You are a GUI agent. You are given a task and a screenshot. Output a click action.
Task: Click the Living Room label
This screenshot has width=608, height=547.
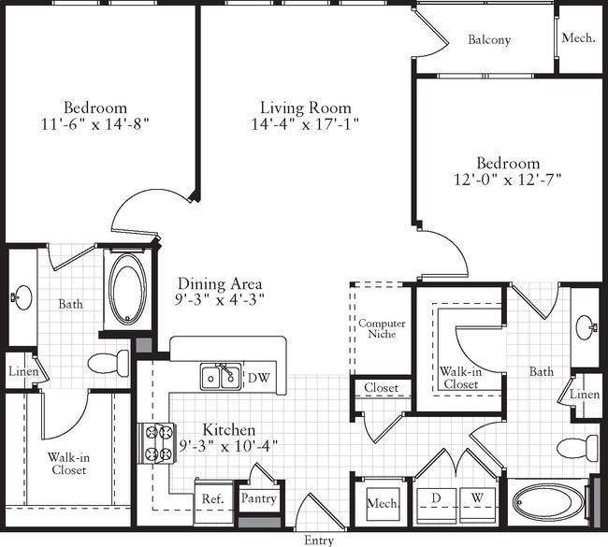(x=306, y=108)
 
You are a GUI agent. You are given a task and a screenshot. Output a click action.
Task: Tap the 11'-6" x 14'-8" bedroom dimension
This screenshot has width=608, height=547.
(x=95, y=124)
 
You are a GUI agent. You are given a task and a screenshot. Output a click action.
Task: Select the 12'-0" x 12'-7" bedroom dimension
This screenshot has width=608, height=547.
(x=508, y=180)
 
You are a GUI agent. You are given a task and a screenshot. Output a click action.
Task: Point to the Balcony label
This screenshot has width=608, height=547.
(x=489, y=39)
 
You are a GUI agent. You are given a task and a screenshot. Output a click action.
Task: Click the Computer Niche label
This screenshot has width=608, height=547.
(x=382, y=328)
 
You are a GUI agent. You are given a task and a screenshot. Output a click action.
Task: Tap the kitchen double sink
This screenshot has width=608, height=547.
(x=221, y=377)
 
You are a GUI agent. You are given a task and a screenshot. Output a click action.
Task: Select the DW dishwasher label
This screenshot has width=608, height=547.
(x=258, y=378)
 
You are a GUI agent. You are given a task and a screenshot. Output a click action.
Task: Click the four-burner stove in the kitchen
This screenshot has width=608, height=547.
(x=157, y=443)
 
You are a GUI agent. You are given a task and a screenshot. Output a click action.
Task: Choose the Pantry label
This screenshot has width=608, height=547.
(x=258, y=498)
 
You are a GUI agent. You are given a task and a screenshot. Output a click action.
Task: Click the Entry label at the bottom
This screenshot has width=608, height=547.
(x=319, y=540)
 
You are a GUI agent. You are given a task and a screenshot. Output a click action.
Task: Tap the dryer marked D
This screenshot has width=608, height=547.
(x=436, y=503)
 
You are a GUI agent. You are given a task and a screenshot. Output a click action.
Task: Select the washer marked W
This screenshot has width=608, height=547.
(x=477, y=503)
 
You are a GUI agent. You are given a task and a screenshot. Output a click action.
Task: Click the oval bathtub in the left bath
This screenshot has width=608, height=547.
(x=127, y=289)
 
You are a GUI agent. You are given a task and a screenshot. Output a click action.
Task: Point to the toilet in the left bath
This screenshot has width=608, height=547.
(x=109, y=363)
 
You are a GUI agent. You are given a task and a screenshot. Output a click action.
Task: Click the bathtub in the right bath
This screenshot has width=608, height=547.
(x=548, y=502)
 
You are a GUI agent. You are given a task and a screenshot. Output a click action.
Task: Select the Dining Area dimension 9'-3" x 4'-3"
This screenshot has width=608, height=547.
(x=220, y=299)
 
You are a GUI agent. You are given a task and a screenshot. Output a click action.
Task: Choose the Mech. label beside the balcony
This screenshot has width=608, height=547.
(x=578, y=38)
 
